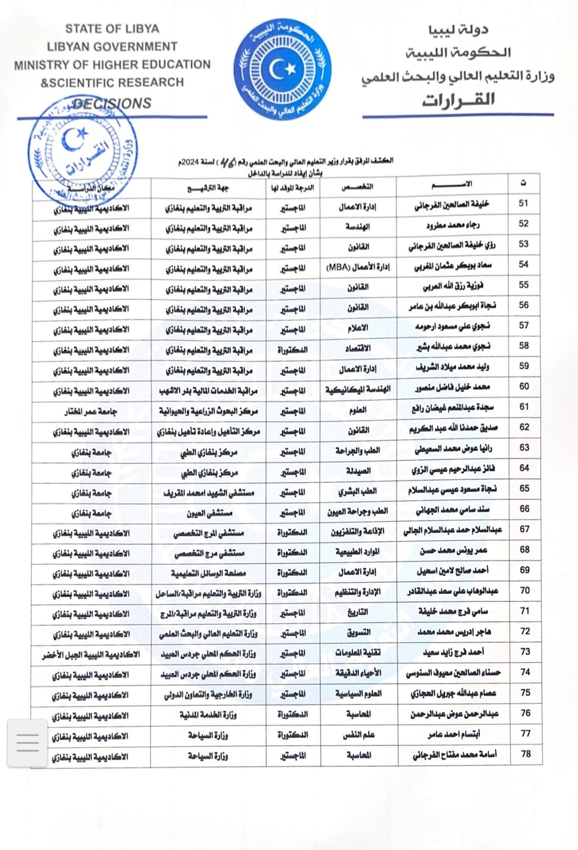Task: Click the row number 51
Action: (x=523, y=204)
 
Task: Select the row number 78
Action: (x=525, y=754)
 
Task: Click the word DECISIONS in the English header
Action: (x=112, y=103)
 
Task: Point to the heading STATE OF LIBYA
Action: (x=112, y=29)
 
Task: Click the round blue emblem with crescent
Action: (x=282, y=70)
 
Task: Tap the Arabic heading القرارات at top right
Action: (x=458, y=100)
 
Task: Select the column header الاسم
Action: (x=452, y=184)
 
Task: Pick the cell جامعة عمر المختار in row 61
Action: (x=91, y=412)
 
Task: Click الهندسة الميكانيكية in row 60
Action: (x=358, y=389)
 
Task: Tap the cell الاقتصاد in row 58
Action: (x=358, y=348)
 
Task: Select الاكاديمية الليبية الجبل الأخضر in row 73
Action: (x=91, y=655)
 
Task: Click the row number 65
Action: (x=524, y=488)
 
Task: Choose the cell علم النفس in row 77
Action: (x=358, y=735)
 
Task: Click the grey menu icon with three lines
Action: (x=28, y=742)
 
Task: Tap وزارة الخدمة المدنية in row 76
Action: (x=208, y=715)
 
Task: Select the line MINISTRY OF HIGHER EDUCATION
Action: (x=112, y=65)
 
